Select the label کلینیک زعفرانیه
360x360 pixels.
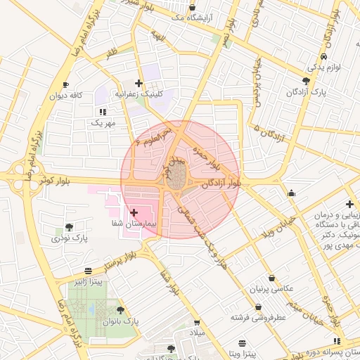(x=144, y=93)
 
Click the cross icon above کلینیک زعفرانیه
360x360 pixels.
(x=139, y=83)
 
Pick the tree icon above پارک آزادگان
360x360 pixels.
(x=305, y=81)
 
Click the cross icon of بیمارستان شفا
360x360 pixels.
(x=134, y=212)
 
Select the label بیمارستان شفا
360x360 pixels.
(x=133, y=223)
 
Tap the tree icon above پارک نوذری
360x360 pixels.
(x=70, y=226)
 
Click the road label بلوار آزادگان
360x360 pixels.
(x=225, y=184)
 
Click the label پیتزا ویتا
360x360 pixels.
(x=243, y=354)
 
